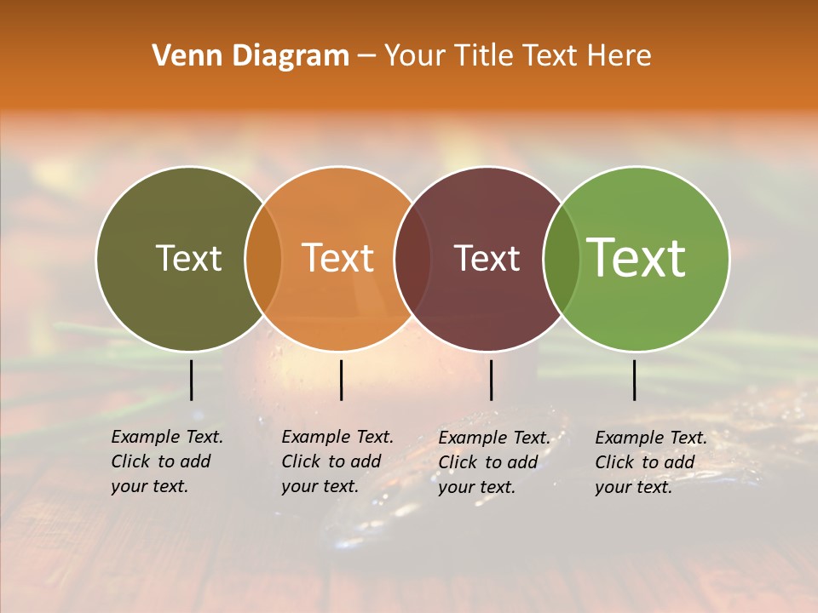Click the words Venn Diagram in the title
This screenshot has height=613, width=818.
(x=251, y=56)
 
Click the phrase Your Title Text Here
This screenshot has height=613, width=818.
(x=517, y=56)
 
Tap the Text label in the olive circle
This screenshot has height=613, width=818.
(x=188, y=258)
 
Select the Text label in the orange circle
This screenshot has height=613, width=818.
(x=337, y=258)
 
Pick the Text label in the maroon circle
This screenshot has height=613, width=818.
(x=487, y=258)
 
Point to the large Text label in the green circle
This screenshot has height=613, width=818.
(x=636, y=258)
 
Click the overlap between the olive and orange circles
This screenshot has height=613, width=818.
(x=262, y=259)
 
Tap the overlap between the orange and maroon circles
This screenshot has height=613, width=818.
(x=412, y=259)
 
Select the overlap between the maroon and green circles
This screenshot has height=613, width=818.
(x=561, y=259)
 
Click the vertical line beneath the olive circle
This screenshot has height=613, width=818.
(x=191, y=380)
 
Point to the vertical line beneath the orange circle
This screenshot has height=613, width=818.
(x=341, y=380)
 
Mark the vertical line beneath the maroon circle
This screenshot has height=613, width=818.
(x=491, y=380)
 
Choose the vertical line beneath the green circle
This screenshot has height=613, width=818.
(x=634, y=380)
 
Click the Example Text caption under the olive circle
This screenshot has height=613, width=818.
(x=167, y=437)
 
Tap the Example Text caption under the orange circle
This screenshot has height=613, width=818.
(x=337, y=437)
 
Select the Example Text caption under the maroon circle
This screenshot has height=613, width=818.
(x=494, y=438)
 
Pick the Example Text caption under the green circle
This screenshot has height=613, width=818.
(x=651, y=438)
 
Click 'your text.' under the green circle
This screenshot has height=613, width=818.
(x=633, y=487)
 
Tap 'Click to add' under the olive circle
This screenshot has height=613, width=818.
(x=160, y=461)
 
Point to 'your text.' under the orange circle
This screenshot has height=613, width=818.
(x=320, y=486)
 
